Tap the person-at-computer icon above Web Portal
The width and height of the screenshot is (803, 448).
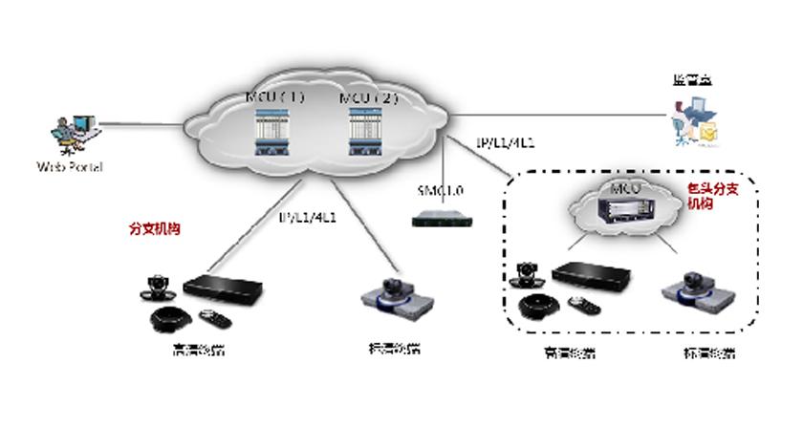[x=73, y=134]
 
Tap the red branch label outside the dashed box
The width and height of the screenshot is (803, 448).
[x=155, y=229]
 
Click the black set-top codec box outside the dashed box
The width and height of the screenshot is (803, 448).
[x=223, y=287]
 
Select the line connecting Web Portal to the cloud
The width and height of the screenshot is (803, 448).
[x=143, y=122]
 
